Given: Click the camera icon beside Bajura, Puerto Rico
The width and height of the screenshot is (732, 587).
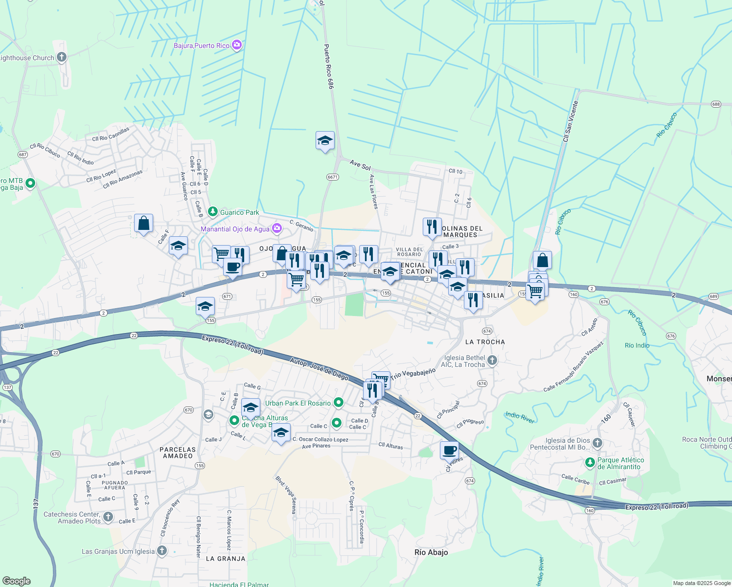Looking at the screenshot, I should tap(237, 45).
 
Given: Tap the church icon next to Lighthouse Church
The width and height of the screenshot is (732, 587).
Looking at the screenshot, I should tap(62, 58).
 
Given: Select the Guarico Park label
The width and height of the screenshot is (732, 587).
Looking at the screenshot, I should tap(239, 212).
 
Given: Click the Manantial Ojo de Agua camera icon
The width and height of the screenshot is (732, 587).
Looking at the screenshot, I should tap(277, 228).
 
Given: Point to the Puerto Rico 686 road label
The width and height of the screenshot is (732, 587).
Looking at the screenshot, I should tap(328, 67).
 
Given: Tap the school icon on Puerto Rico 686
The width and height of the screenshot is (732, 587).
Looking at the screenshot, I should tap(325, 141).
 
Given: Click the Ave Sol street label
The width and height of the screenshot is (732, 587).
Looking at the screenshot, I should tap(360, 165).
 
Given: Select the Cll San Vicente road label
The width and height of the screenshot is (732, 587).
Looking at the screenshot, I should tap(571, 121).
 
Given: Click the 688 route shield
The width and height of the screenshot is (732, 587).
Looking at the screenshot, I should tap(716, 104).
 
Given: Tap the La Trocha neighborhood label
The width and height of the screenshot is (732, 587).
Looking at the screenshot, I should tap(485, 342).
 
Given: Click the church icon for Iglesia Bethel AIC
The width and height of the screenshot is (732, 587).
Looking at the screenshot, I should tap(492, 361).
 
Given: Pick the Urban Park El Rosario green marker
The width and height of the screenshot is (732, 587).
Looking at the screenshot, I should tap(338, 403).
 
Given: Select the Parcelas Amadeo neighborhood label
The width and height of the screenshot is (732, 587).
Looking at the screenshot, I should tap(178, 452).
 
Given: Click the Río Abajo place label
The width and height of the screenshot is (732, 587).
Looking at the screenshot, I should tap(431, 552).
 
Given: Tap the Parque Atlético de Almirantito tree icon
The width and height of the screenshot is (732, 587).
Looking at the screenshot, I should tap(590, 462).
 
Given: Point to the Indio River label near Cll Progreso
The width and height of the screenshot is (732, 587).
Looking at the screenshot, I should tap(520, 417).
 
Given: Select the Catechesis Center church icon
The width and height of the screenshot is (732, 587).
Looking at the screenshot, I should tap(108, 517).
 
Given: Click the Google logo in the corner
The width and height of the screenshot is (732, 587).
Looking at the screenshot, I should tap(17, 581).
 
